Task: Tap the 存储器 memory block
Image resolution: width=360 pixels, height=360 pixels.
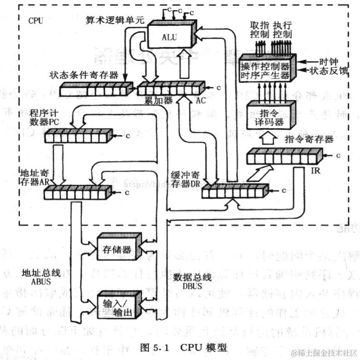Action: point(117,249)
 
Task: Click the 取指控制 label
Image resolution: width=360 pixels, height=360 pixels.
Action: point(260,29)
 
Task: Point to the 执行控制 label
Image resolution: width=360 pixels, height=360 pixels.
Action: point(283,29)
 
